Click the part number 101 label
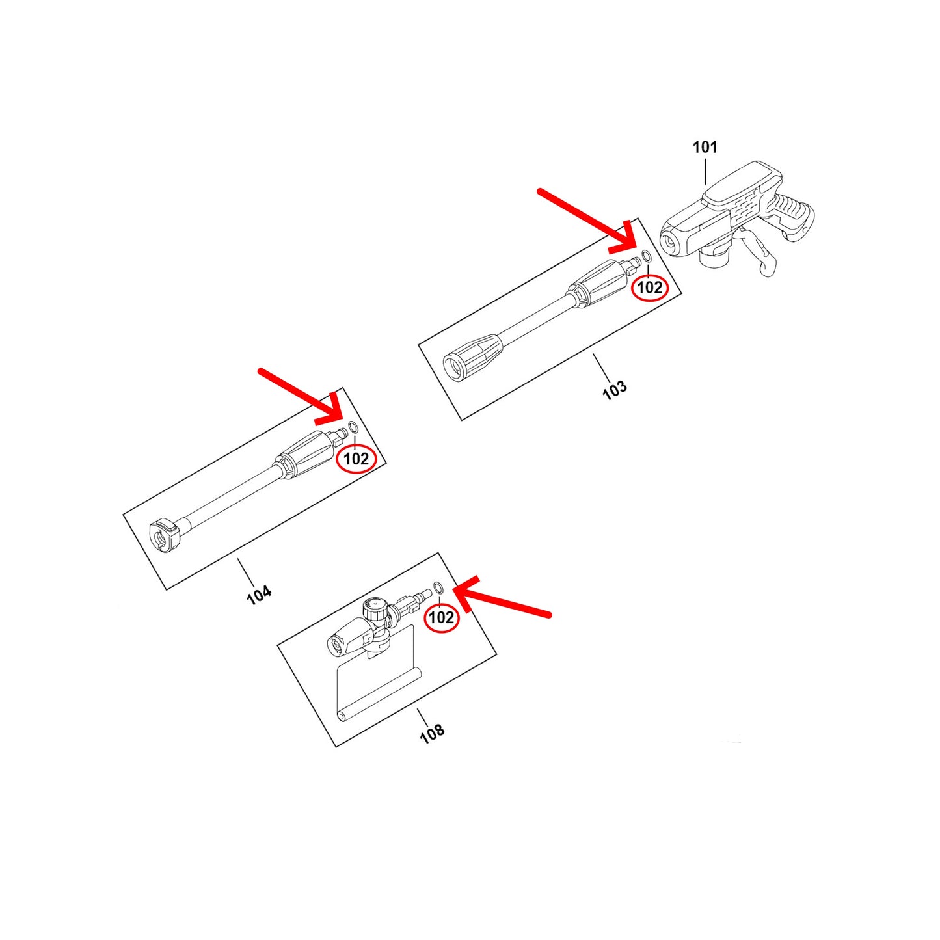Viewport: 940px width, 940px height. pos(705,147)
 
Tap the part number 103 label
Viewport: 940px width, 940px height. pos(615,390)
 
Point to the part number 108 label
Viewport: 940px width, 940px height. pos(432,733)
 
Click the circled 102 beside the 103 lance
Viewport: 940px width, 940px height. pos(650,288)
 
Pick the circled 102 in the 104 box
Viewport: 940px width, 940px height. pos(356,459)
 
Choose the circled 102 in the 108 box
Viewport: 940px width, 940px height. pos(442,617)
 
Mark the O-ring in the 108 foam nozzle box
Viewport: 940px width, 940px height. pos(438,587)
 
